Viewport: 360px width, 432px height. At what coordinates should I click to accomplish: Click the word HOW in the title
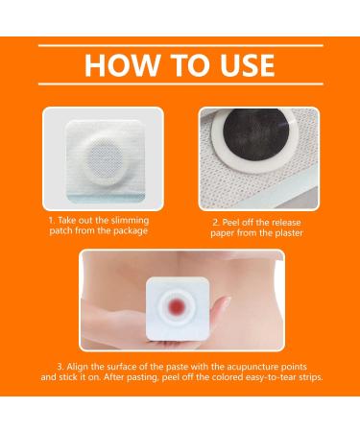[x=122, y=65]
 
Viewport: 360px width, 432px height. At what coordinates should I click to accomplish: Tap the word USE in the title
[x=248, y=65]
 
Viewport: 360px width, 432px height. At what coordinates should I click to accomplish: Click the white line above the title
[x=180, y=46]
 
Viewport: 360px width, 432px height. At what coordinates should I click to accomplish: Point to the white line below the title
[x=180, y=84]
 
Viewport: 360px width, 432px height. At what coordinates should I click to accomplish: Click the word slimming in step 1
[x=130, y=221]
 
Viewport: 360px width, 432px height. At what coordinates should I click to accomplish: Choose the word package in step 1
[x=130, y=231]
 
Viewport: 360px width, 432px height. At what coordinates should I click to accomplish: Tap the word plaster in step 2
[x=289, y=233]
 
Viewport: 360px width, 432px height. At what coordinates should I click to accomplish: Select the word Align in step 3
[x=76, y=367]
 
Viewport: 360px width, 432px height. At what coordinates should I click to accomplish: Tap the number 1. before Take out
[x=53, y=221]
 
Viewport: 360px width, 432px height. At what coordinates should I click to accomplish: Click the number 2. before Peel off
[x=216, y=223]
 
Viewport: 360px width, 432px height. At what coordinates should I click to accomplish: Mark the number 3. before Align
[x=60, y=367]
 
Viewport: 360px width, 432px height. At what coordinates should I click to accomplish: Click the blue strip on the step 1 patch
[x=106, y=198]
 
